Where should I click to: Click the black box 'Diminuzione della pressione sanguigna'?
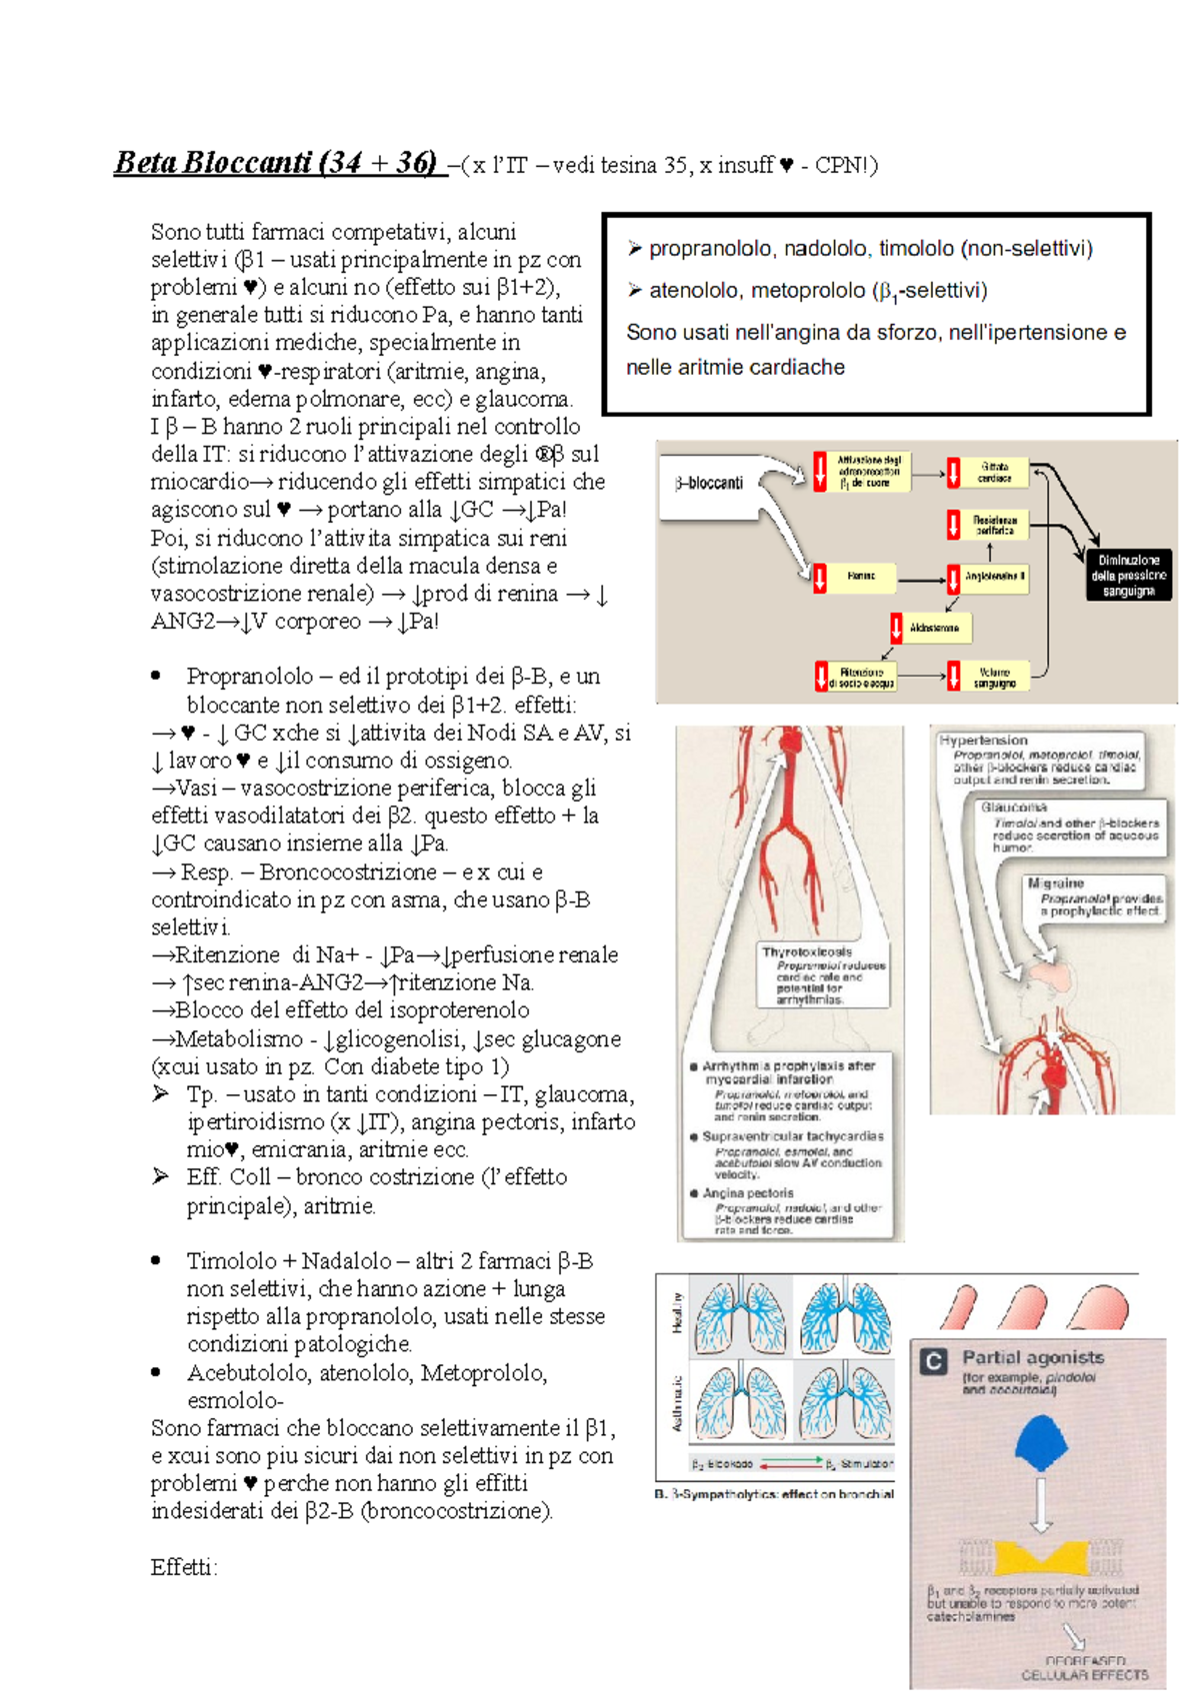[x=1129, y=576]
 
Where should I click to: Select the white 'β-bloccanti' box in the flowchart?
[x=709, y=484]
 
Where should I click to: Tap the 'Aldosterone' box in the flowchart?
[x=934, y=629]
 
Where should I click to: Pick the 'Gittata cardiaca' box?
[x=994, y=472]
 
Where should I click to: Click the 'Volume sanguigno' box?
[x=994, y=677]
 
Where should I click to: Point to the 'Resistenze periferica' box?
[x=994, y=525]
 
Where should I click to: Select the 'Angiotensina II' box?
[x=994, y=577]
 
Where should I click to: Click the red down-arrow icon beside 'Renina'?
[x=820, y=578]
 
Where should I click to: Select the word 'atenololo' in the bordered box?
[x=696, y=291]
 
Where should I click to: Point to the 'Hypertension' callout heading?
[x=983, y=741]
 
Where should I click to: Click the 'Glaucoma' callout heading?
[x=1014, y=807]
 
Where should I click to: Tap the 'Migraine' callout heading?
[x=1055, y=883]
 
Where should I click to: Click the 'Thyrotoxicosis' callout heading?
[x=807, y=952]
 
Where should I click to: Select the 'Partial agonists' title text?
[x=1033, y=1357]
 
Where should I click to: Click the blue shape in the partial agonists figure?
[x=1041, y=1443]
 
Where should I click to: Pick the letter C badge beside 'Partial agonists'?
[x=933, y=1361]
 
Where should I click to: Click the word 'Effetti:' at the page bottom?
[x=184, y=1567]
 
